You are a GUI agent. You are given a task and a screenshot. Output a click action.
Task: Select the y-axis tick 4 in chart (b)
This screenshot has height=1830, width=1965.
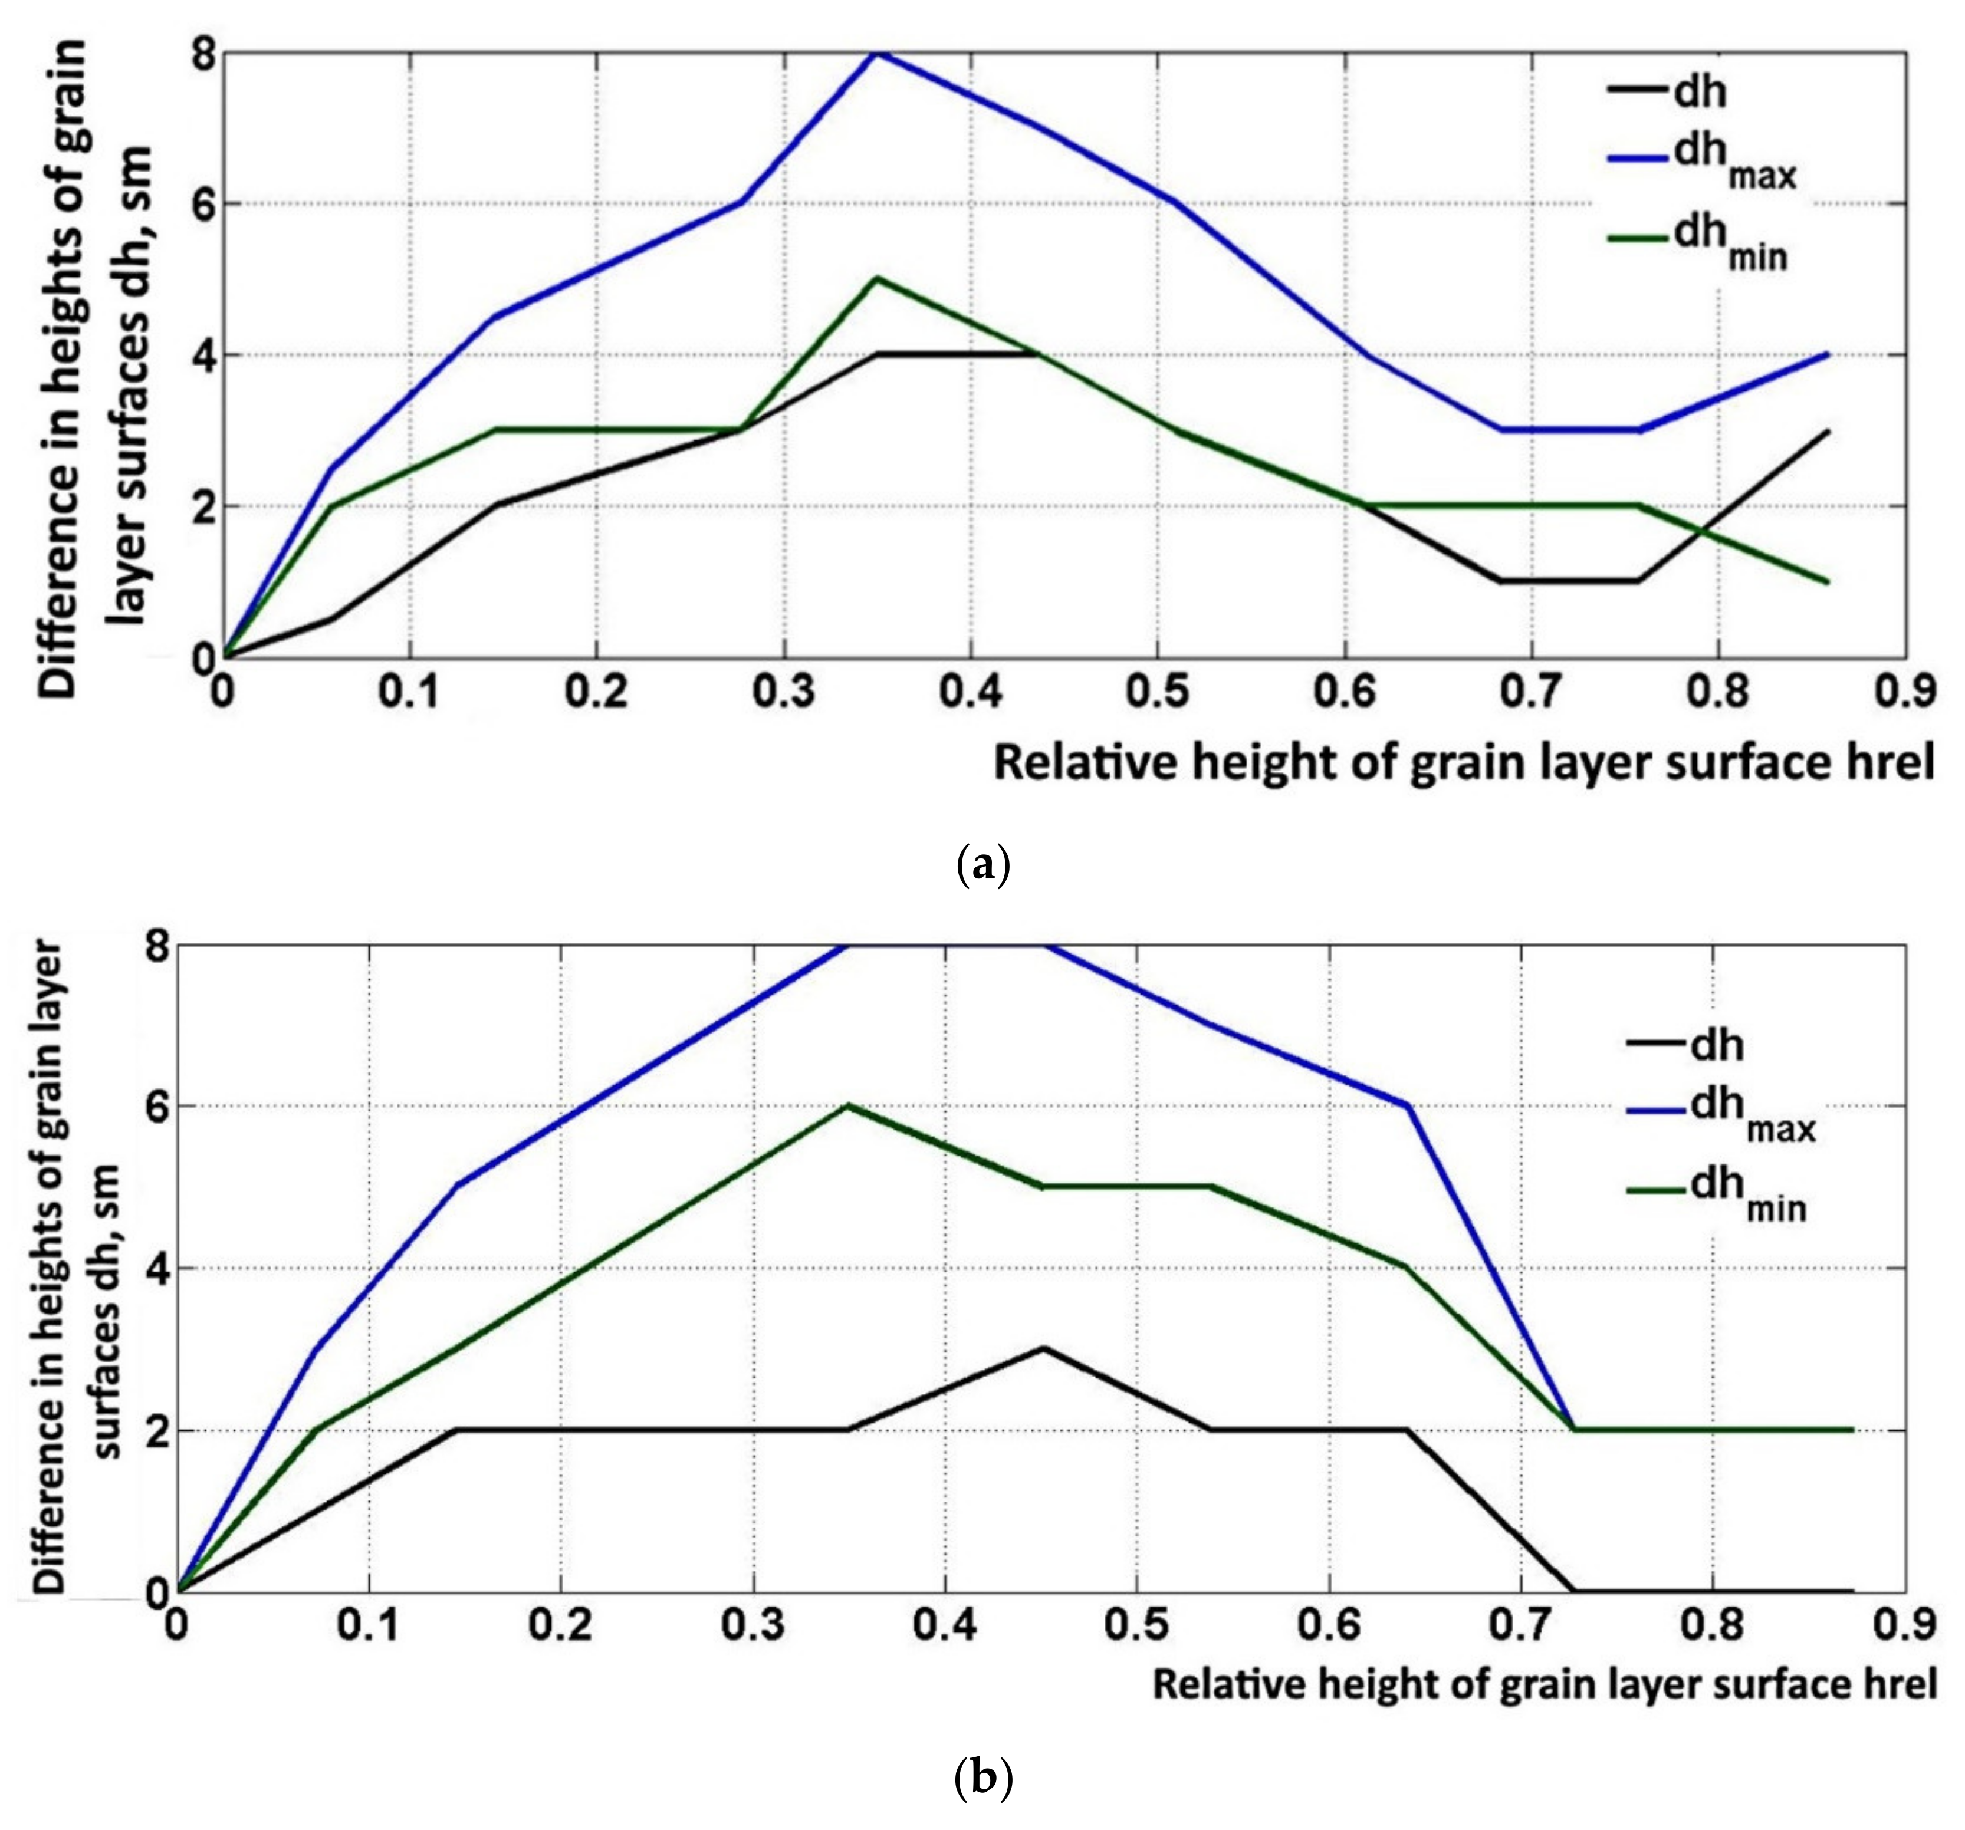click(x=158, y=1269)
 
